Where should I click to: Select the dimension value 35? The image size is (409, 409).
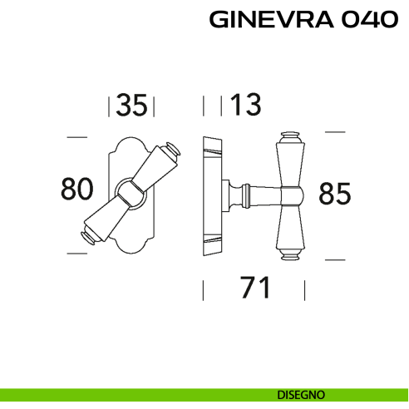(x=132, y=106)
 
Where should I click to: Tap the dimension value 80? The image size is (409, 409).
(x=76, y=190)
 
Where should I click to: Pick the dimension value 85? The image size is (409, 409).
(x=335, y=194)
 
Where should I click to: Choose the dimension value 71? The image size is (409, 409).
(x=255, y=288)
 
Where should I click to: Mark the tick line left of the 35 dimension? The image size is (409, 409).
(x=110, y=106)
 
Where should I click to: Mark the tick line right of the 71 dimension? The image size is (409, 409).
(x=305, y=289)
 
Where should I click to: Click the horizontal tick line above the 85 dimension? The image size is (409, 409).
(x=334, y=131)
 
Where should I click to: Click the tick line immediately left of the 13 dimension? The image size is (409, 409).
(x=220, y=106)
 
